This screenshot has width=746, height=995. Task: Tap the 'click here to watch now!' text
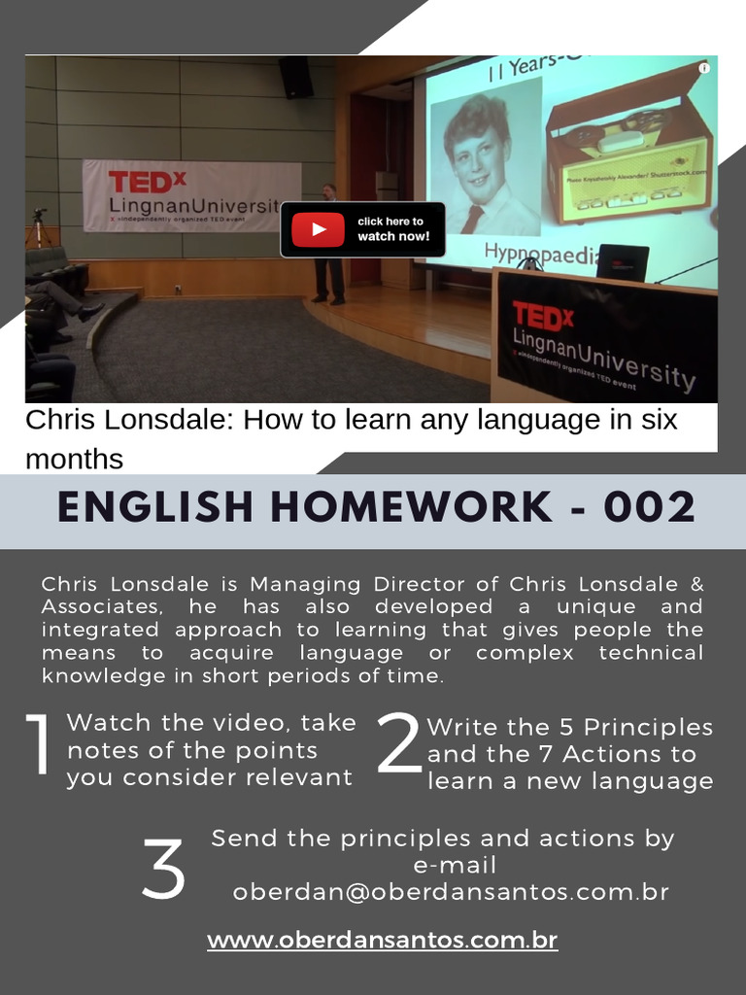393,229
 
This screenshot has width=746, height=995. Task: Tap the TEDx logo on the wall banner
148,183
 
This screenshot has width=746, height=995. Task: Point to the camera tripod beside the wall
40,228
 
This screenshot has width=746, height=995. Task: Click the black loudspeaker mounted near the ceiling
296,78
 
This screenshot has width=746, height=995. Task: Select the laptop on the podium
622,262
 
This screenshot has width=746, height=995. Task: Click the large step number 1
39,745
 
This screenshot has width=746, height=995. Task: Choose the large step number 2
398,745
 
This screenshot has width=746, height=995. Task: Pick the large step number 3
163,868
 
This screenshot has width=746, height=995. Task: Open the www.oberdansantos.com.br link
383,941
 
